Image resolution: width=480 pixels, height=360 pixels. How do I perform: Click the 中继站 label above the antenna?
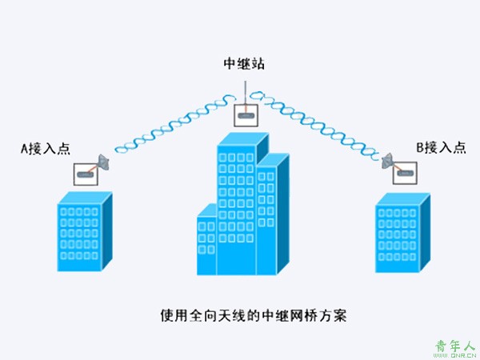[244, 64]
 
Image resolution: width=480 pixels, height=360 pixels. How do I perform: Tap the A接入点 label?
[46, 149]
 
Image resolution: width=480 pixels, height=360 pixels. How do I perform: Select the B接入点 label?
[441, 148]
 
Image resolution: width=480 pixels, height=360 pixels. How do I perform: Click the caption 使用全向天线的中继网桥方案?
[254, 316]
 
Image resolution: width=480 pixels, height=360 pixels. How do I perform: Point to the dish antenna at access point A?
[104, 162]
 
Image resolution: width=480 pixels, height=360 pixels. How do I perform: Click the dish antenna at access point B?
[387, 161]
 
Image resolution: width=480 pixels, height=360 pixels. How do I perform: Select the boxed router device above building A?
[86, 174]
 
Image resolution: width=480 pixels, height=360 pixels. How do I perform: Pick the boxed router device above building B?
[405, 173]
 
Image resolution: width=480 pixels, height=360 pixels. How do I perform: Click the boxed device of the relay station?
[246, 115]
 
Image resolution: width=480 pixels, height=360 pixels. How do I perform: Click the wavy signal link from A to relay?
[175, 123]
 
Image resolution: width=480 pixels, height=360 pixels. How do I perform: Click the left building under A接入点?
[85, 231]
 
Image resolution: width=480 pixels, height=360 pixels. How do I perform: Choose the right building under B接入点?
[403, 232]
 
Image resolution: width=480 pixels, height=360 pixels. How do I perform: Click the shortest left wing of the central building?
[207, 239]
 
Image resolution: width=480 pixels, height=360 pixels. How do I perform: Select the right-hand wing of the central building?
[272, 214]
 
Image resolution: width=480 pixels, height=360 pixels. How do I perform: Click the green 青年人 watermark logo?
[455, 348]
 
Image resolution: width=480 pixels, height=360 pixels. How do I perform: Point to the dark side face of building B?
[425, 232]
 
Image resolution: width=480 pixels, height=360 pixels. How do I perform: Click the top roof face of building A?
[85, 198]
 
